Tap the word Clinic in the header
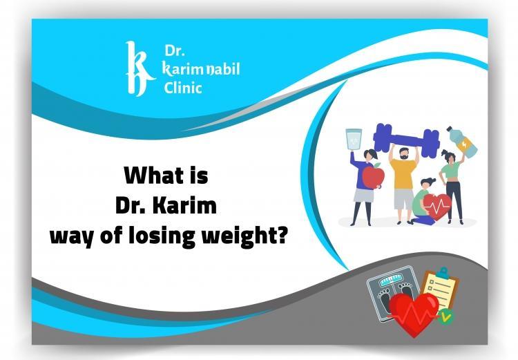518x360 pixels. pyautogui.click(x=183, y=88)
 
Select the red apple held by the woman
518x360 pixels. pyautogui.click(x=372, y=178)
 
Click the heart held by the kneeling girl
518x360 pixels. pyautogui.click(x=437, y=205)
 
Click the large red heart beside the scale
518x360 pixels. pyautogui.click(x=413, y=314)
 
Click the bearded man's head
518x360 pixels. pyautogui.click(x=402, y=151)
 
